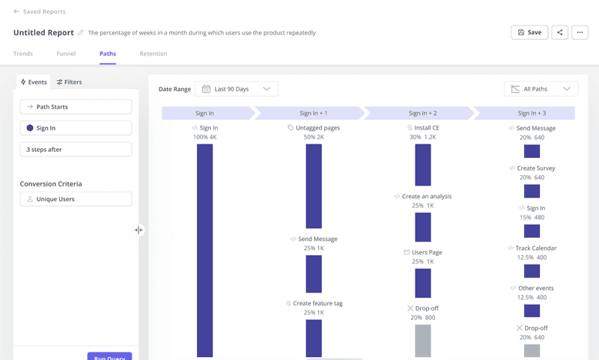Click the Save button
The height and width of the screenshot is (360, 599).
coord(529,33)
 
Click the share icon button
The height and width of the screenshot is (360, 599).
coord(559,33)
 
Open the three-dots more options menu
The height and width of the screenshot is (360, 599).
coord(580,33)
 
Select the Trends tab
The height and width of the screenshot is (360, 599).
coord(23,54)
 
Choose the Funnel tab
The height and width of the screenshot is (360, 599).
coord(66,54)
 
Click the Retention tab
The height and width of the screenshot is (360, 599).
coord(153,54)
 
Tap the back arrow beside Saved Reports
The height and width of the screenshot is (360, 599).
coord(16,12)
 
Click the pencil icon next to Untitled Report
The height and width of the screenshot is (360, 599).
coord(81,33)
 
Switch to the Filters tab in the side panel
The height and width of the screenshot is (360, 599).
coord(70,82)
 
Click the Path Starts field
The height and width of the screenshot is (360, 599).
coord(76,107)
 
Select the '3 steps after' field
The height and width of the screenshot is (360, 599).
coord(76,150)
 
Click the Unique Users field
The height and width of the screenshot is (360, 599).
coord(76,199)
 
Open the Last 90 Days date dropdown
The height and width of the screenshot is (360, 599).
coord(236,89)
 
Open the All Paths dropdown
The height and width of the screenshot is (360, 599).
coord(541,89)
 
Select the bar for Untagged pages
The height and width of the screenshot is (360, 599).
coord(314,186)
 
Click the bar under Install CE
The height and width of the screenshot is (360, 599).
coord(423,165)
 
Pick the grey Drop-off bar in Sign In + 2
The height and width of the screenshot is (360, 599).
coord(423,341)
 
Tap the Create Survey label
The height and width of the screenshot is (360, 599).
coord(535,168)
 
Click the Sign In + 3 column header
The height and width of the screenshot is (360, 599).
coord(532,113)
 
